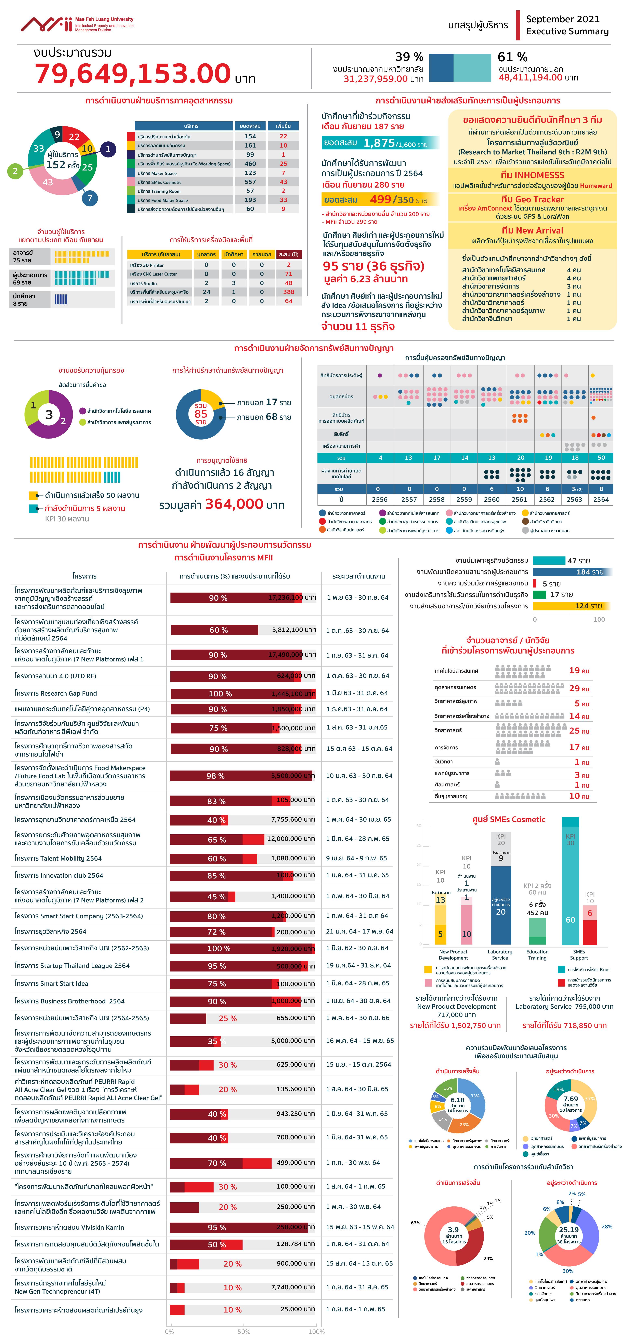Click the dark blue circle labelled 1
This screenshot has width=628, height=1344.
(x=108, y=149)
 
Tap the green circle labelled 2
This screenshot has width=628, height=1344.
(x=15, y=171)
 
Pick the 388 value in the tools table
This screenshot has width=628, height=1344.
(x=288, y=292)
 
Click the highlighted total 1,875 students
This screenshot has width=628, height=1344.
(x=379, y=143)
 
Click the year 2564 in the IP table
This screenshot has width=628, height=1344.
(x=601, y=499)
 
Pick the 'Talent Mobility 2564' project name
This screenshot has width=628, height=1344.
(x=58, y=858)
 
